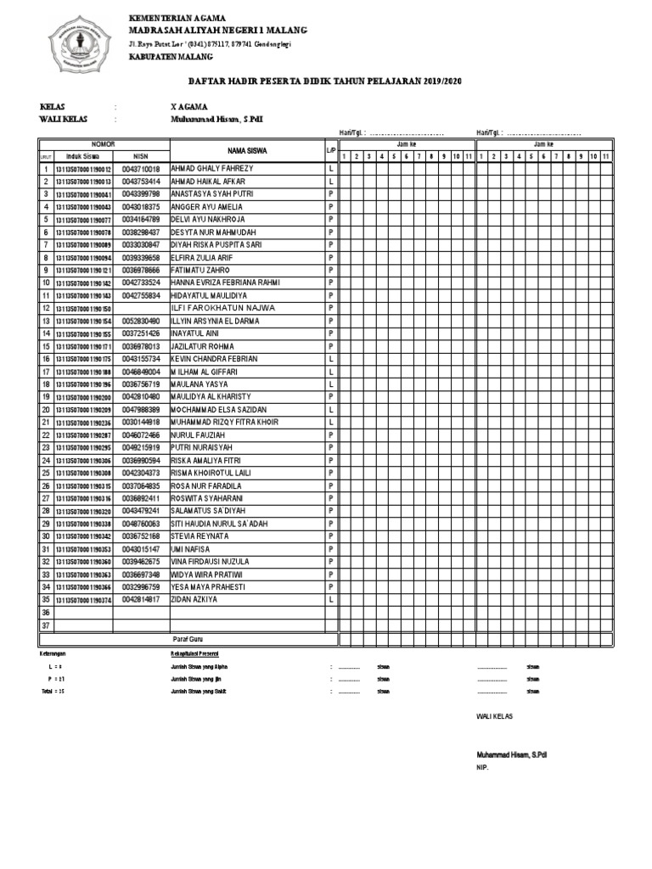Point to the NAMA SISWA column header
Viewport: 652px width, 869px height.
tap(247, 150)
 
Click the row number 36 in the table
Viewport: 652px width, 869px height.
tap(46, 613)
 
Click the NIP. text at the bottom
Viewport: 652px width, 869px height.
tap(481, 767)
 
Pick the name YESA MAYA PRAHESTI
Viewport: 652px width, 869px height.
tap(208, 587)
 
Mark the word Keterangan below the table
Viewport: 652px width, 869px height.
tap(53, 655)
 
